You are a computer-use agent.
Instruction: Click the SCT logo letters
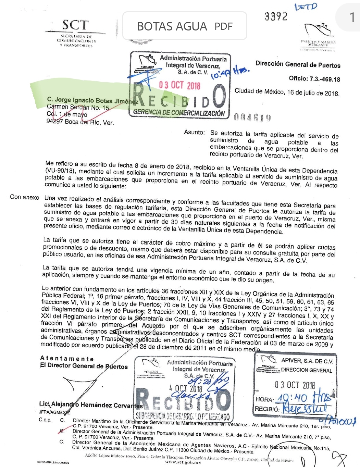75,25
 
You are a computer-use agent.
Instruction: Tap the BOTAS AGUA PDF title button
185,26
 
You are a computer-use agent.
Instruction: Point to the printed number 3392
276,16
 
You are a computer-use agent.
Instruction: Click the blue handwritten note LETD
306,7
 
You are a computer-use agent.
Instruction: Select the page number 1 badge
351,17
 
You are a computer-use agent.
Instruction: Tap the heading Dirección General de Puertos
298,64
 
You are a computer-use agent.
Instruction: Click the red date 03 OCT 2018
179,85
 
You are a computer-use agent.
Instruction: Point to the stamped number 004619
252,118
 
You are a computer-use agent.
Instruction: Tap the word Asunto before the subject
194,132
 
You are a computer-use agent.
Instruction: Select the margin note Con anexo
24,197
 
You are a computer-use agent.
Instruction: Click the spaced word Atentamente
67,359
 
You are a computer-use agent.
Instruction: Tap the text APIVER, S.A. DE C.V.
307,361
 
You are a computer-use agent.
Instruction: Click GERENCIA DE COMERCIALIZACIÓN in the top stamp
179,112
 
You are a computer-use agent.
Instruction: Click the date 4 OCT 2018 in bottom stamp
186,388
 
